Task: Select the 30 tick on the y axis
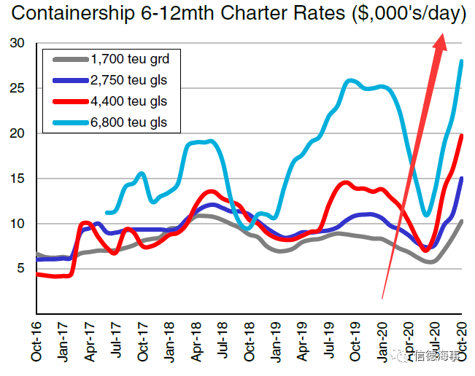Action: pos(18,44)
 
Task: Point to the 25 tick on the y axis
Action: pos(18,89)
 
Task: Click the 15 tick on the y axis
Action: pos(18,179)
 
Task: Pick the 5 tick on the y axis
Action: pos(21,268)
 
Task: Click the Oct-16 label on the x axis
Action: pos(36,342)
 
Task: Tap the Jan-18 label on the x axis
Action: pos(170,342)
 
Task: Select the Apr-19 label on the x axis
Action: pos(303,342)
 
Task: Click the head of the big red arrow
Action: pos(440,42)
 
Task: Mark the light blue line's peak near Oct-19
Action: pos(351,80)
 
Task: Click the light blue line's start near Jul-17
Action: pos(107,213)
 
